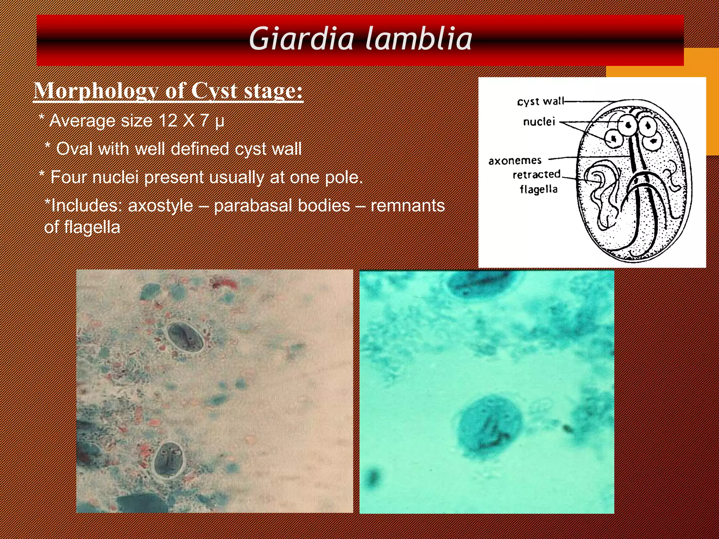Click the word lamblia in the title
[418, 39]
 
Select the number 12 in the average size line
[168, 121]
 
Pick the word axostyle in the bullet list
[160, 206]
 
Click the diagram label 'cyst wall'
[540, 102]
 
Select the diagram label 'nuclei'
[539, 122]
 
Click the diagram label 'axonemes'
[515, 161]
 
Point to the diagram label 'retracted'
[536, 174]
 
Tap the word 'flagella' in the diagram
[539, 189]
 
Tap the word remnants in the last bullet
[408, 206]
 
